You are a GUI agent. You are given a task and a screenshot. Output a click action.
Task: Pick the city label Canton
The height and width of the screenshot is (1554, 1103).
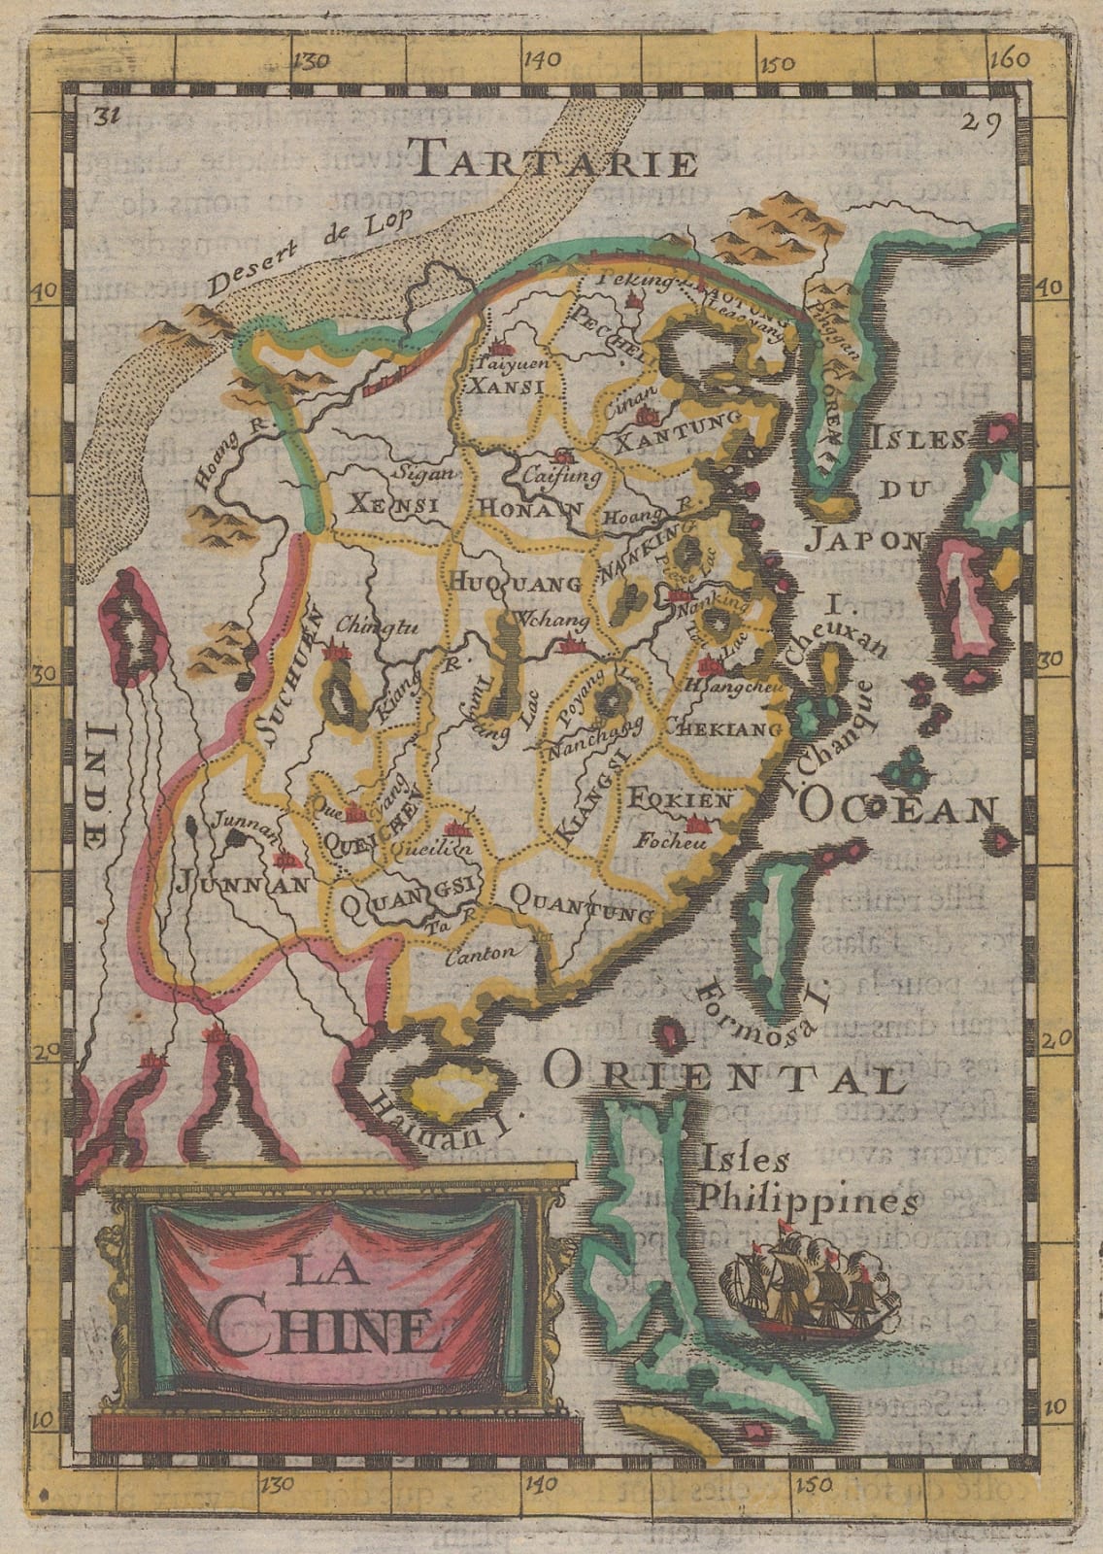[482, 954]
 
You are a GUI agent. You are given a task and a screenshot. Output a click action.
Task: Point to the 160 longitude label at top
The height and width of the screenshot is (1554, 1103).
[1011, 58]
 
